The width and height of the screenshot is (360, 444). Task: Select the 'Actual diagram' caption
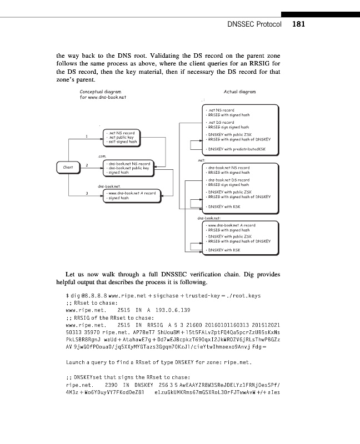(239, 92)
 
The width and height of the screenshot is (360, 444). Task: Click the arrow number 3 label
(87, 193)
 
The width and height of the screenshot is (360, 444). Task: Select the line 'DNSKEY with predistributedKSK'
(237, 149)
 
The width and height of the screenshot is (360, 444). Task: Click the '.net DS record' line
(222, 122)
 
